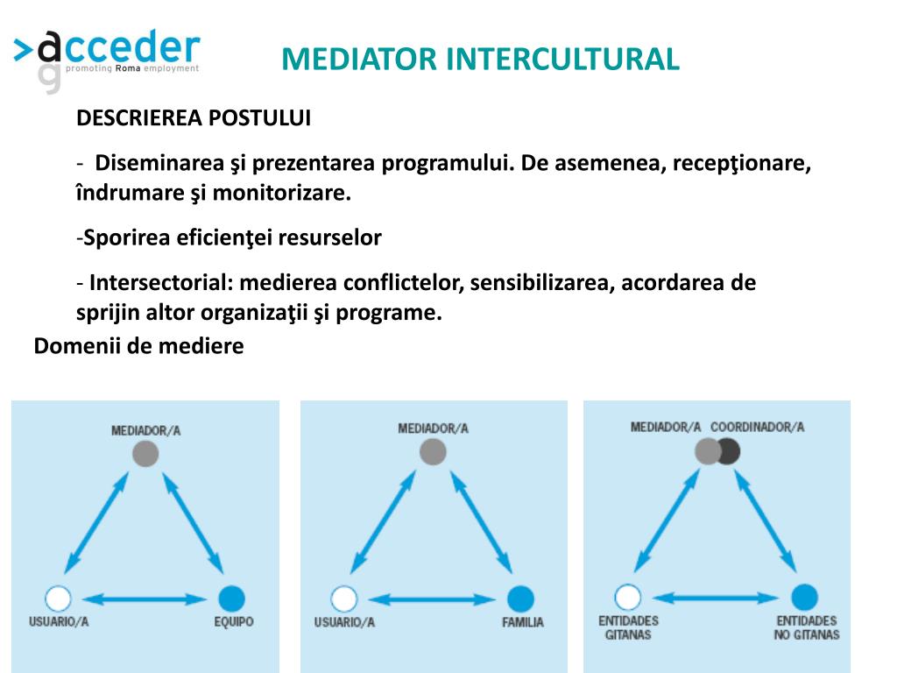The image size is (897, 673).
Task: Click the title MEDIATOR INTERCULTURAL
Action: click(480, 59)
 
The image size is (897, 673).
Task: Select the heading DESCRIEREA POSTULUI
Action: click(194, 118)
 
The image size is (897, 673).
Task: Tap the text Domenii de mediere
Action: click(138, 346)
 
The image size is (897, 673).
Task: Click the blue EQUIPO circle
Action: click(230, 599)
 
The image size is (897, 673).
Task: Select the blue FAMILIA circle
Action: click(519, 599)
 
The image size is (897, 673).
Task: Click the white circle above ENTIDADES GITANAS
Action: click(627, 598)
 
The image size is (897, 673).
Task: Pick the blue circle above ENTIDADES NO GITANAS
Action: click(804, 598)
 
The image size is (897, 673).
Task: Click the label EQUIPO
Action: click(233, 622)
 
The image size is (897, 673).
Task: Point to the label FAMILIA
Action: click(522, 622)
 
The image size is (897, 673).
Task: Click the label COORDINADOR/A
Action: click(757, 428)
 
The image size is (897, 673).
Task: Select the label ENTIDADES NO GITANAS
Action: click(806, 627)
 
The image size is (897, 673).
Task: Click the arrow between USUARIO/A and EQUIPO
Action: click(145, 599)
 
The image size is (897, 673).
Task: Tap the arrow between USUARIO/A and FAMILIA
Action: click(432, 599)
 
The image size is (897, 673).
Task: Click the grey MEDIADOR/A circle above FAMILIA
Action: click(433, 452)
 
